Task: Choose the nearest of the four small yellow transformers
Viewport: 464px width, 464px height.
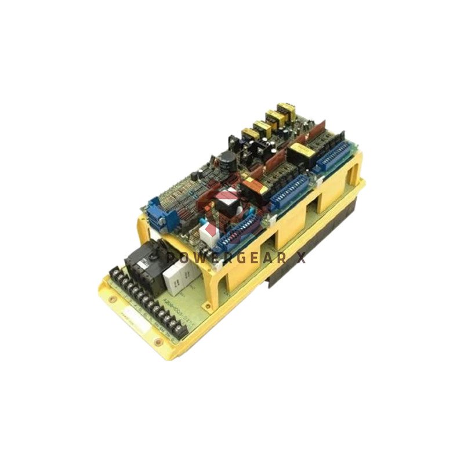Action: click(x=250, y=136)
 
